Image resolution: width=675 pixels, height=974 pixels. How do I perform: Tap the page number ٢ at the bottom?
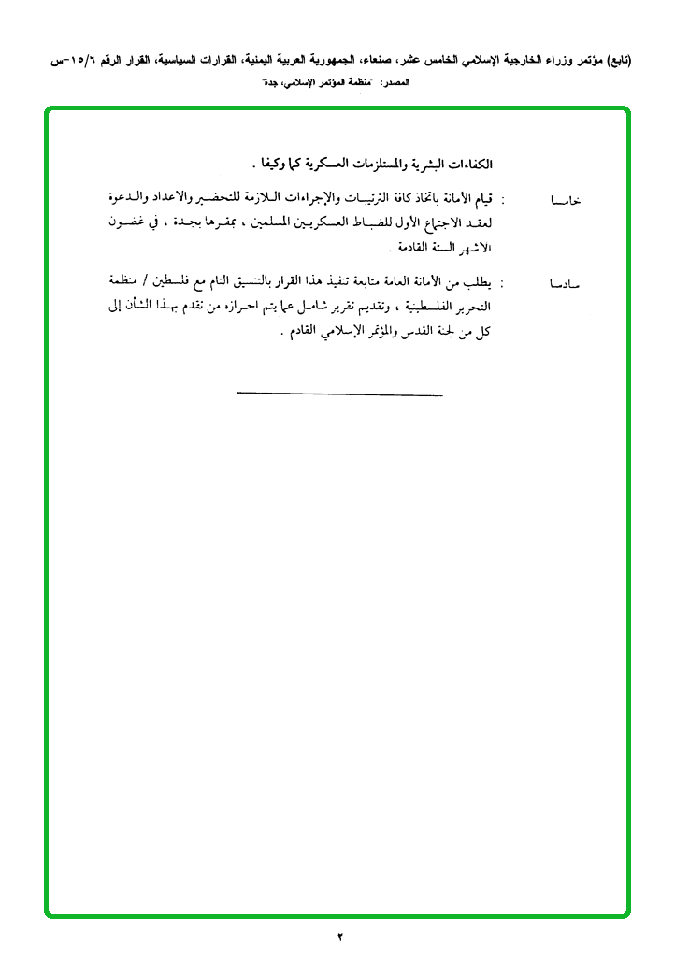tap(340, 936)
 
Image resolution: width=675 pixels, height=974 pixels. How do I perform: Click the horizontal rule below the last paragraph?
tap(339, 395)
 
